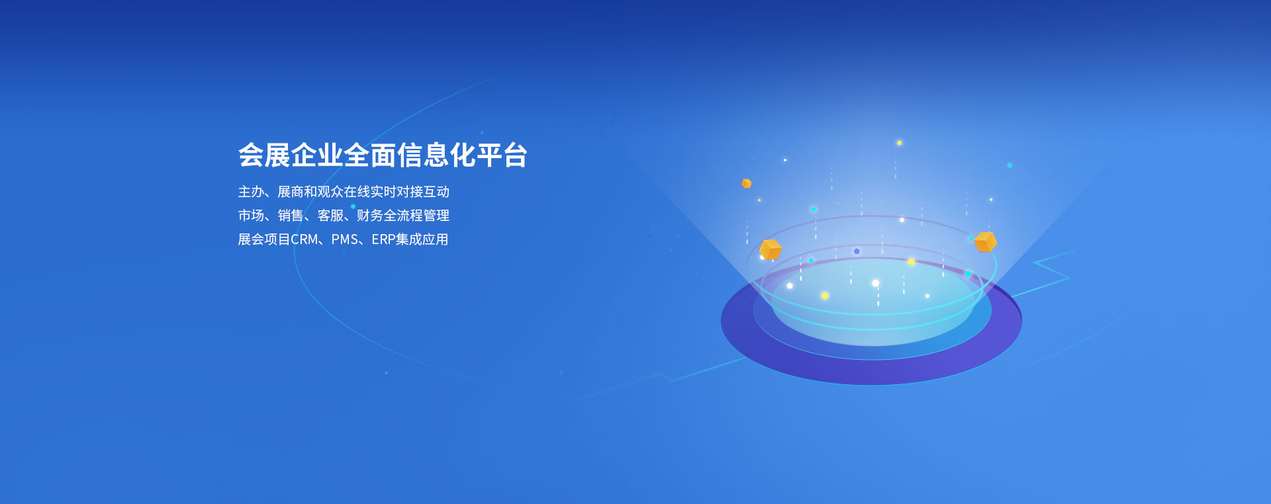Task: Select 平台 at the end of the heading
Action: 502,155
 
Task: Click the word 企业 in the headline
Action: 317,155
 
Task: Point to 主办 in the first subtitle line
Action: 251,192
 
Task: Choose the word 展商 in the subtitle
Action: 290,192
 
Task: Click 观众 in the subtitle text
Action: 330,192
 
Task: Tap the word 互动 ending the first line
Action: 436,192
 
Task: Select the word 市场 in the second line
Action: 251,216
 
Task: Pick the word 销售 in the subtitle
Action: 290,216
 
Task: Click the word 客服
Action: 330,216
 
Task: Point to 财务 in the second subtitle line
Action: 369,216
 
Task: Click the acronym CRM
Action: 305,239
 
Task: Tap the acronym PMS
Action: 344,239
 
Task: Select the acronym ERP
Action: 383,239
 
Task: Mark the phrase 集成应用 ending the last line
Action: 422,239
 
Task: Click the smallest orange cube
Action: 747,183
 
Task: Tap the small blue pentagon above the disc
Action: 857,251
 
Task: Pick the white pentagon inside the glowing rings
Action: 790,286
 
